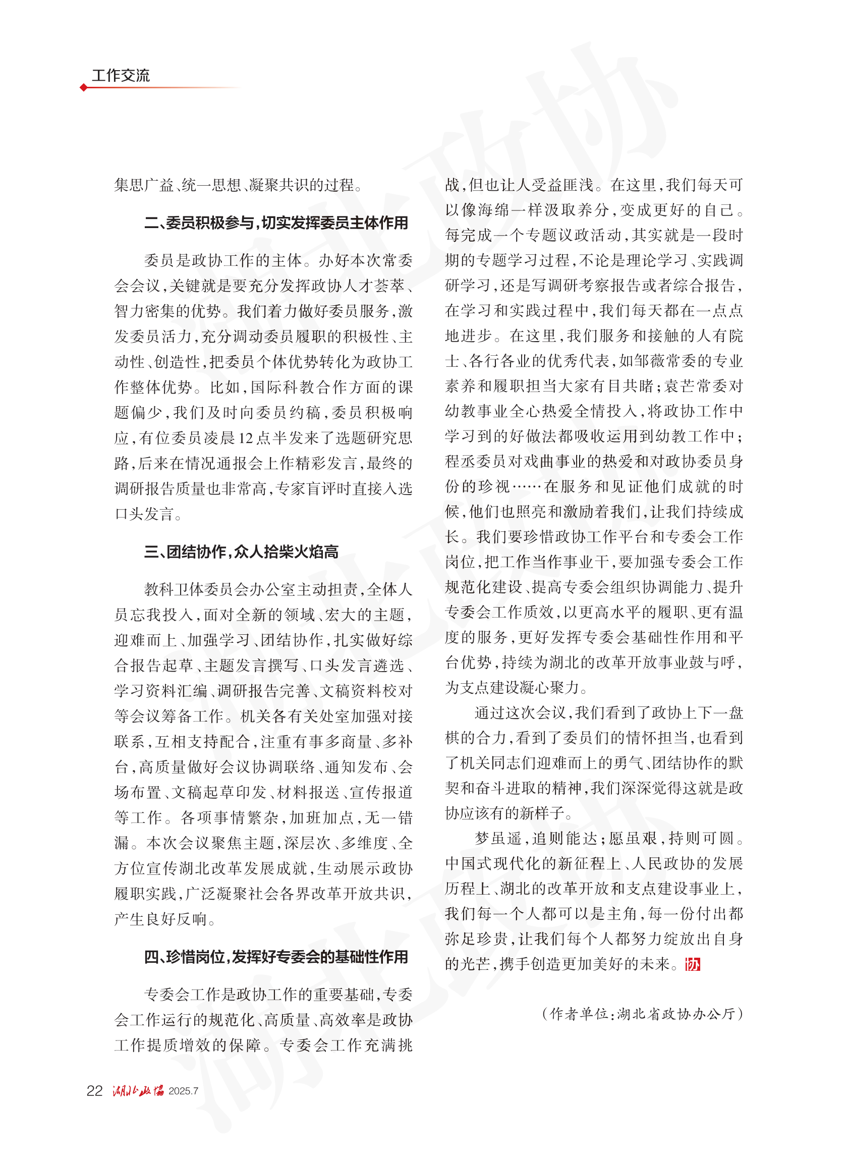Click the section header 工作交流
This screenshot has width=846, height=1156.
click(121, 76)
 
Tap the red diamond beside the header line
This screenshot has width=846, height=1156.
click(83, 88)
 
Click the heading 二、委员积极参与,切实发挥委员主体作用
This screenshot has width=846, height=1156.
click(276, 223)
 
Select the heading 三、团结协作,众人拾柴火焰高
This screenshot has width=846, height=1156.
click(241, 552)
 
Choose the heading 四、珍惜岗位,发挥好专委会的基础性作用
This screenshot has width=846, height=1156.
click(276, 957)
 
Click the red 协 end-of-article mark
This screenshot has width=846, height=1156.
click(692, 964)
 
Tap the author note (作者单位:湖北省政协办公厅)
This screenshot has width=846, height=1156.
click(642, 1014)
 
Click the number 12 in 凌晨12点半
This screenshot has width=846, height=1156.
click(246, 438)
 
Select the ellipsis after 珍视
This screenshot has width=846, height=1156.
click(527, 486)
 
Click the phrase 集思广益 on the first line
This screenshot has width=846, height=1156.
click(144, 185)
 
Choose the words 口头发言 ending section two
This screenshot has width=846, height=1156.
click(144, 514)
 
